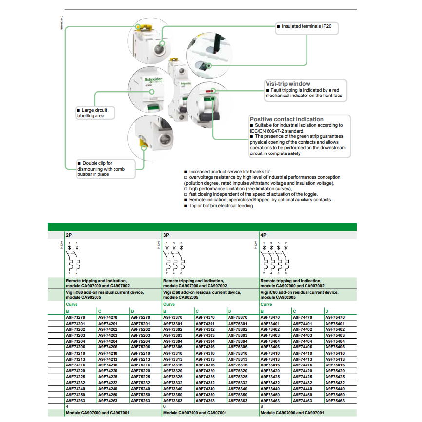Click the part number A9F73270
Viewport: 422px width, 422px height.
[76, 317]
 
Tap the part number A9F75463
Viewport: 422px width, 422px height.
[334, 401]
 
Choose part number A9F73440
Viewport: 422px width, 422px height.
[270, 388]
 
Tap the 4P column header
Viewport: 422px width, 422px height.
[264, 234]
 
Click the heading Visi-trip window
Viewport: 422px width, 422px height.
[287, 84]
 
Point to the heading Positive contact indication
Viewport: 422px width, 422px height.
[287, 119]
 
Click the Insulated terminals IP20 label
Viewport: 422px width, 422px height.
[306, 26]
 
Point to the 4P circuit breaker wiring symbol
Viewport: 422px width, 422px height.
[275, 258]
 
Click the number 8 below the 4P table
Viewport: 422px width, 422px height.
[262, 406]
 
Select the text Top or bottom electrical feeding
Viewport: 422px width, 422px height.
[221, 206]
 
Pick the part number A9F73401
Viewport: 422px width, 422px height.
[270, 323]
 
